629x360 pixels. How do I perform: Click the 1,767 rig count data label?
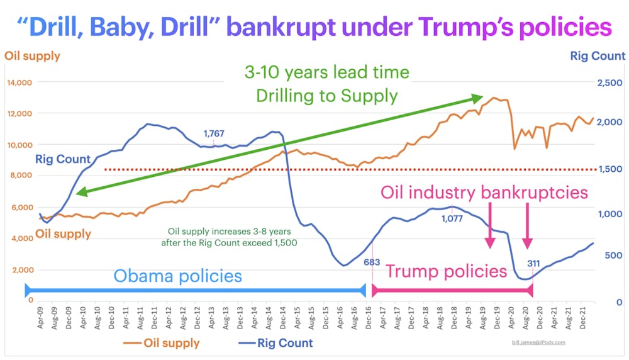[x=214, y=134]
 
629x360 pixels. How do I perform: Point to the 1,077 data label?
[x=452, y=219]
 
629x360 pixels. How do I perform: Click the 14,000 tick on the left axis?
[x=19, y=82]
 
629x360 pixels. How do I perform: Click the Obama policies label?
[x=177, y=276]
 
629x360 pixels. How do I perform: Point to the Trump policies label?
[x=446, y=271]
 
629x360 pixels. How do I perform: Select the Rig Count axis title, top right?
[x=598, y=56]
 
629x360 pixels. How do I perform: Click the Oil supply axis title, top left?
[x=32, y=56]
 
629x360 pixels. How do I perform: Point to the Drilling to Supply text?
[x=326, y=96]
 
